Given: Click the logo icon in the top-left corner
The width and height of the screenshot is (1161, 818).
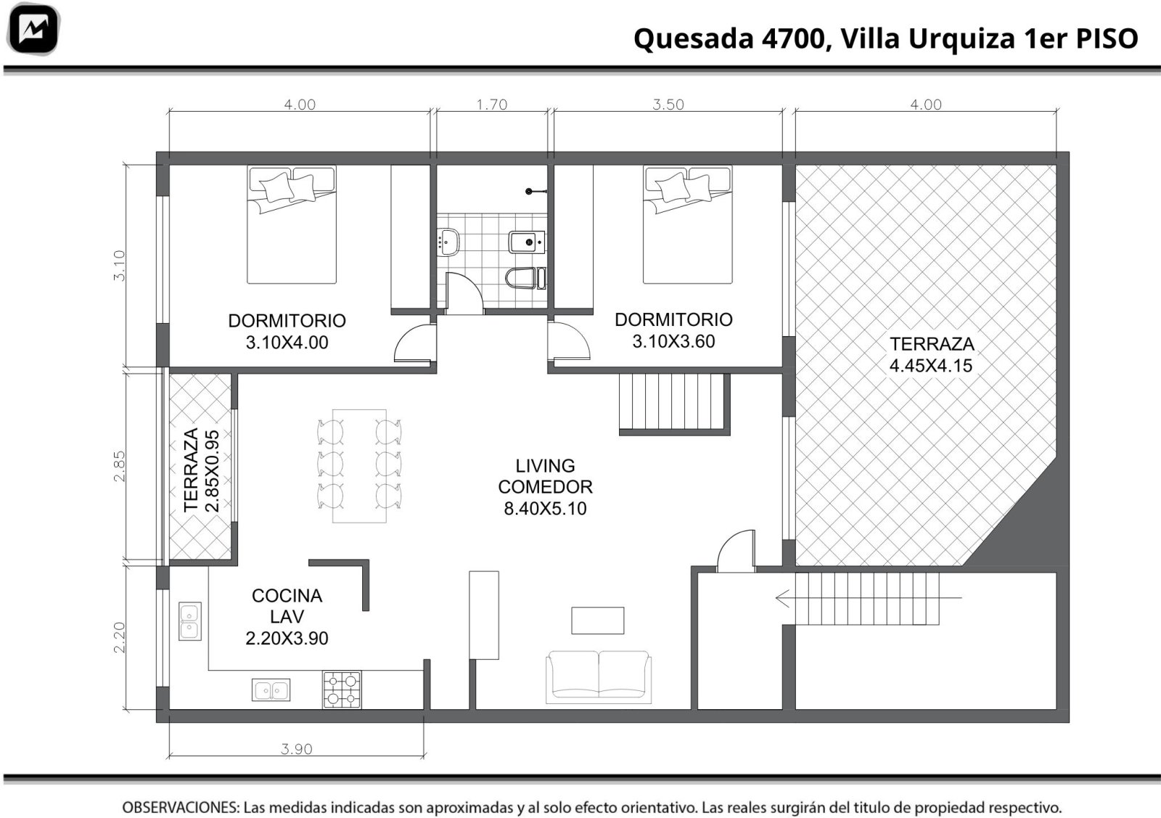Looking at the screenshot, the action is (33, 29).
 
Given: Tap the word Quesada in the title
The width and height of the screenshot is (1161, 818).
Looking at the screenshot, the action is (694, 38).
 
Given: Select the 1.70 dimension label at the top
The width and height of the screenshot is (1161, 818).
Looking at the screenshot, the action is (491, 105).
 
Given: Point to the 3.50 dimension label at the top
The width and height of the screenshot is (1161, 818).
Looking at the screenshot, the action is (668, 105).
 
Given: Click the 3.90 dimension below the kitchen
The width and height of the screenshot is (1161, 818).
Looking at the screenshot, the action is (297, 749).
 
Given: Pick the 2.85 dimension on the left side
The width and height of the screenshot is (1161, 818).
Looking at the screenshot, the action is (119, 466).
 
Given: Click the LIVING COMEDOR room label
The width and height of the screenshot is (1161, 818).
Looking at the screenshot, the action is (545, 487).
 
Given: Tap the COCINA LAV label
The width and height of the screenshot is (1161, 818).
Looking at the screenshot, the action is (287, 616).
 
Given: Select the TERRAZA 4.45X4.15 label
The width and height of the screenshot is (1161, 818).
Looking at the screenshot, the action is (932, 355).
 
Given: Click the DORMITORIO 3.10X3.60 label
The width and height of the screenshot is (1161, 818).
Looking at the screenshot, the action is (673, 330).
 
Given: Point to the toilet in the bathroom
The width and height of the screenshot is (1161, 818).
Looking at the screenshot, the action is (525, 279).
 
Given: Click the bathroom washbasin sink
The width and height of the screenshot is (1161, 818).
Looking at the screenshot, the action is (448, 242).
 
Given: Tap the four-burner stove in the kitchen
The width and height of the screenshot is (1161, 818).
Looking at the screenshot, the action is (342, 690).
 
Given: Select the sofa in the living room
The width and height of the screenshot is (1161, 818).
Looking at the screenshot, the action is (599, 677).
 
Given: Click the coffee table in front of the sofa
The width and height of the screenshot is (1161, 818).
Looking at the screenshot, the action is (598, 621).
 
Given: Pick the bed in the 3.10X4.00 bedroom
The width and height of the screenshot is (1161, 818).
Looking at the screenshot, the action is (292, 224).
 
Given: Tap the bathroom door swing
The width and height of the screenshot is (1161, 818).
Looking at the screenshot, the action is (464, 293).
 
